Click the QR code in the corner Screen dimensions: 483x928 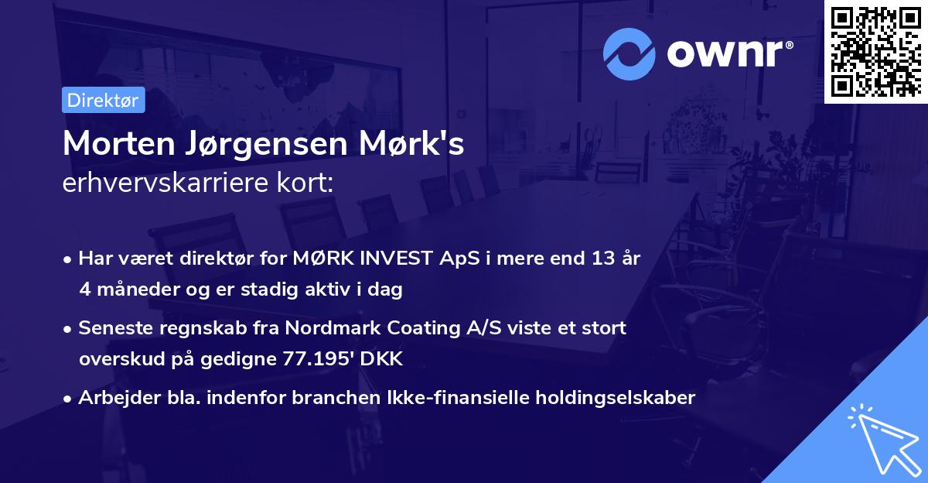pyautogui.click(x=875, y=51)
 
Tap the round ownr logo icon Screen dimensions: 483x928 pyautogui.click(x=629, y=54)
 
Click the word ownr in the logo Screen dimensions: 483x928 pyautogui.click(x=728, y=54)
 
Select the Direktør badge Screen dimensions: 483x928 pyautogui.click(x=103, y=100)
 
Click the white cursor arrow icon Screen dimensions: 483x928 pyautogui.click(x=882, y=439)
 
